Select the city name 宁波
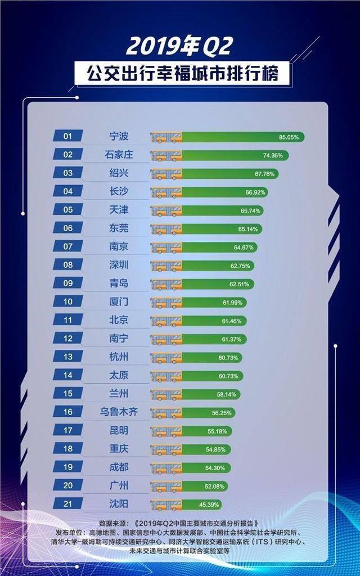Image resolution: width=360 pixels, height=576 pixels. (x=119, y=136)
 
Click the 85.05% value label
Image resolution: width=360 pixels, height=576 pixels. (x=289, y=137)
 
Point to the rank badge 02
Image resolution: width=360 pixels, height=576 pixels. (x=67, y=155)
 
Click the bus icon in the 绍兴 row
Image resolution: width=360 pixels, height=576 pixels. (x=166, y=173)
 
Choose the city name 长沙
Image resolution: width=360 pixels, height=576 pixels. (x=119, y=191)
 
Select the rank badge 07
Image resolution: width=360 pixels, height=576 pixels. (x=67, y=246)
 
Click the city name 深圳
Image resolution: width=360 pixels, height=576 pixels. (x=119, y=265)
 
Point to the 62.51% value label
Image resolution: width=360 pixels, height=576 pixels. (x=239, y=284)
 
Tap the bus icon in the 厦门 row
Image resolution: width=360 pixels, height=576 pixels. (x=166, y=302)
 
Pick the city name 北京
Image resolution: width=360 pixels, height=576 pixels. (x=119, y=320)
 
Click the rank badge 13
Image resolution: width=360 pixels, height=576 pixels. (x=67, y=357)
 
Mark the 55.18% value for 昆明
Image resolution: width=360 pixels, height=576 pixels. (x=218, y=431)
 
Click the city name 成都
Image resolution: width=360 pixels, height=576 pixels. (x=119, y=467)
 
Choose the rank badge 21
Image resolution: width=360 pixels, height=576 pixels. (x=67, y=503)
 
